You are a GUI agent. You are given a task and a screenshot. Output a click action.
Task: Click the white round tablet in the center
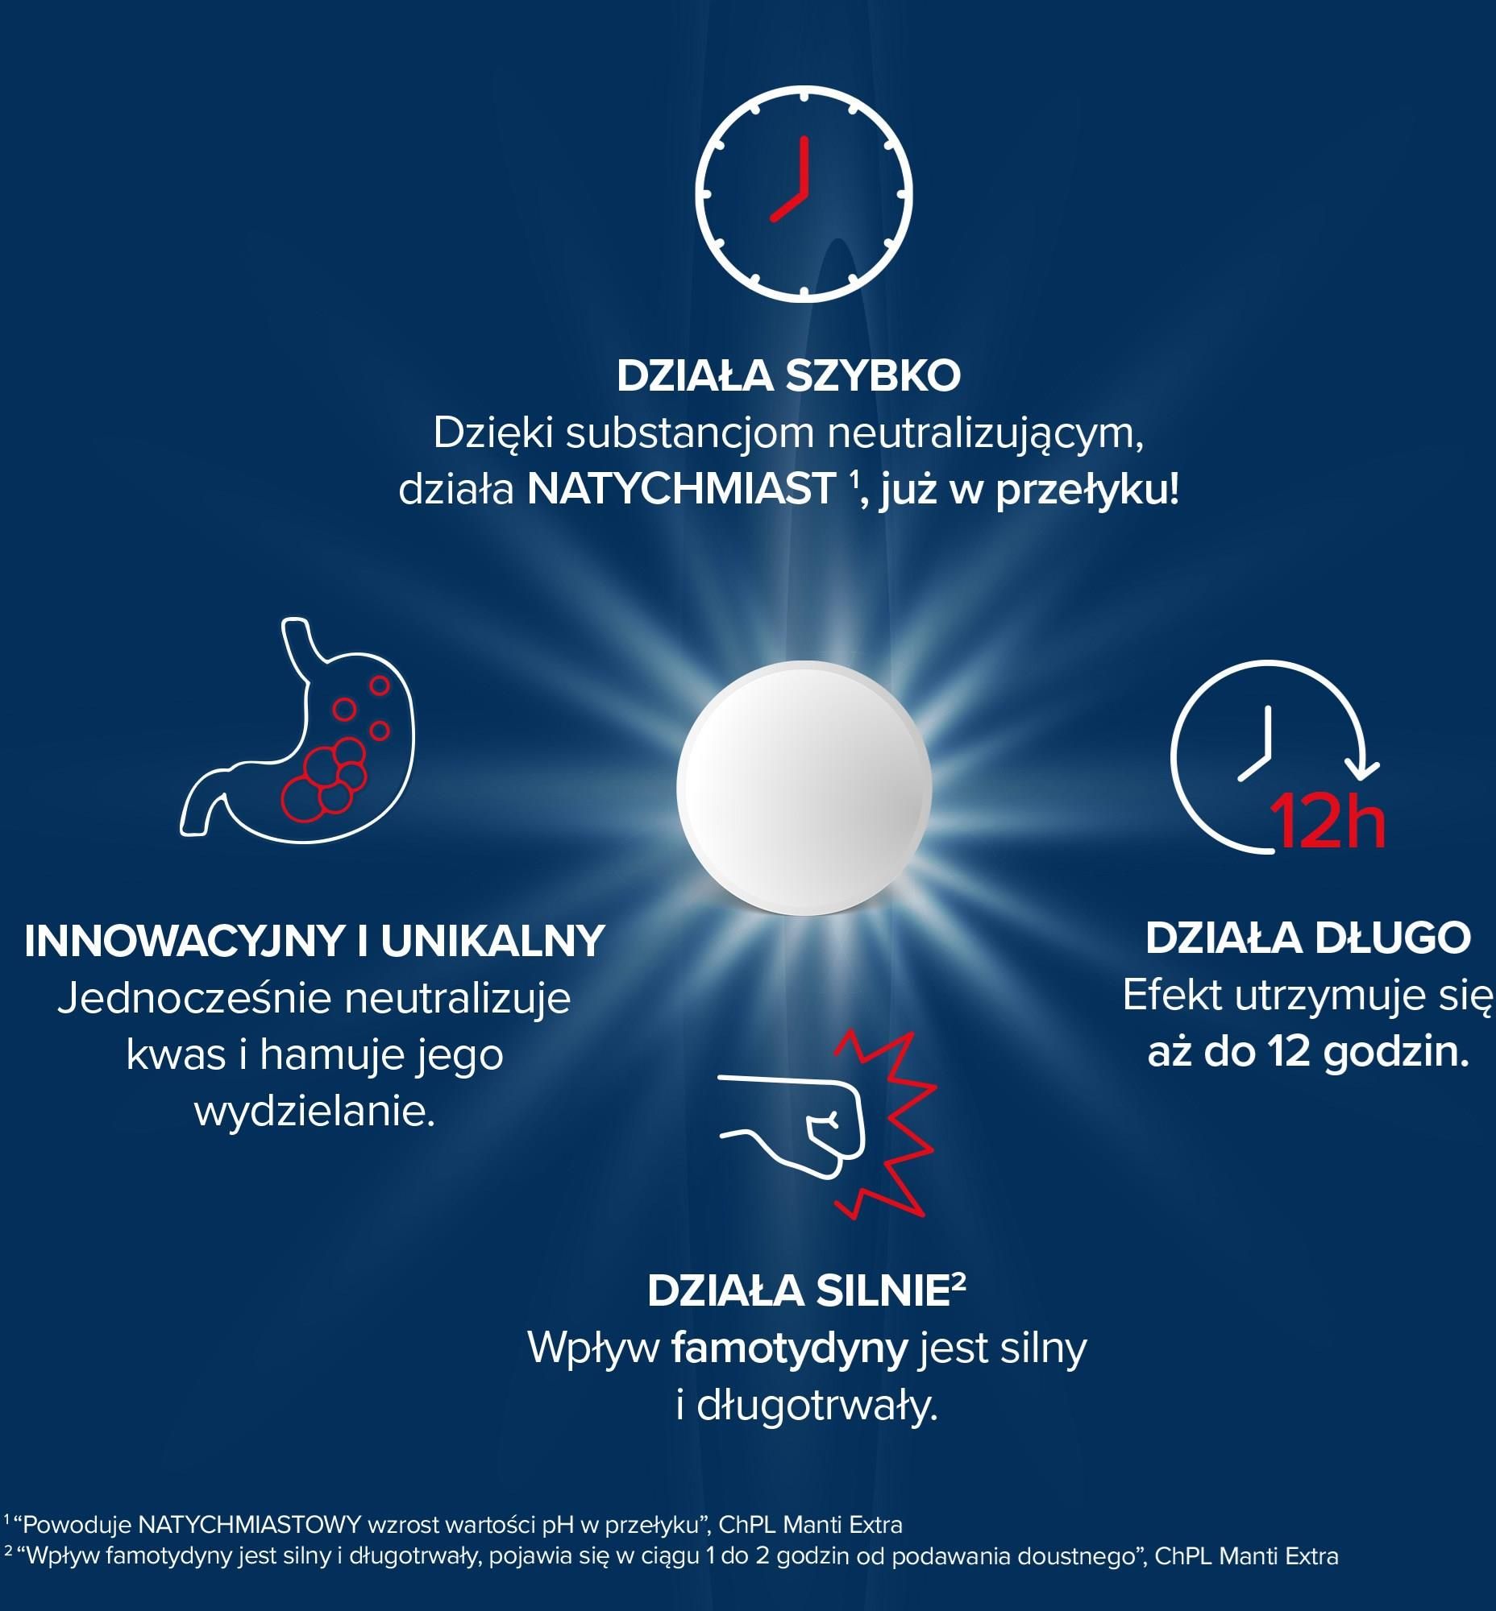pyautogui.click(x=804, y=788)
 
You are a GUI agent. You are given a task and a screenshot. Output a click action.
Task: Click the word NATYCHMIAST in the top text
pyautogui.click(x=682, y=490)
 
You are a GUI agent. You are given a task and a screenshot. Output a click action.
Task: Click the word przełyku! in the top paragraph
pyautogui.click(x=1087, y=491)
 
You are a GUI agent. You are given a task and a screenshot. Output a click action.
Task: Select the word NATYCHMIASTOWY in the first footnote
pyautogui.click(x=249, y=1526)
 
